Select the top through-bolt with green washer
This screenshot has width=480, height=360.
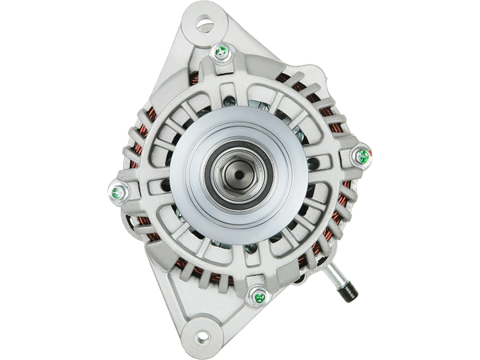pyautogui.click(x=220, y=54)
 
